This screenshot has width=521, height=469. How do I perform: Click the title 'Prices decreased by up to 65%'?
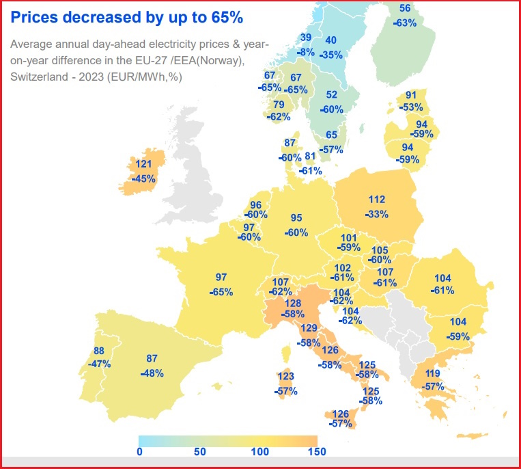tap(126, 16)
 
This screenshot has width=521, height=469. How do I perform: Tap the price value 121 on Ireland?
tap(143, 164)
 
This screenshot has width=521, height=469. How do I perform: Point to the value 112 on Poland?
tap(377, 200)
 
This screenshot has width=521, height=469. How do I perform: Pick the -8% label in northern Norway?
tap(307, 51)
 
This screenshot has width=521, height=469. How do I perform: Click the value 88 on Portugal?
tap(99, 351)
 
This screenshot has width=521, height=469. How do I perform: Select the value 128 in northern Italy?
tap(293, 303)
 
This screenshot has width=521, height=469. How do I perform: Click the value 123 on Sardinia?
tap(285, 377)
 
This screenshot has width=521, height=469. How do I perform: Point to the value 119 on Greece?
tap(433, 373)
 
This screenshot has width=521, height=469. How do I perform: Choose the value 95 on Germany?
tap(296, 218)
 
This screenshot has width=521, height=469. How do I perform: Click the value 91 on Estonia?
tap(411, 95)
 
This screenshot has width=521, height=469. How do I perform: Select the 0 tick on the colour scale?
tap(139, 452)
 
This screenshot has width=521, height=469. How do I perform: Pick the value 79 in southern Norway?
tap(279, 105)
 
